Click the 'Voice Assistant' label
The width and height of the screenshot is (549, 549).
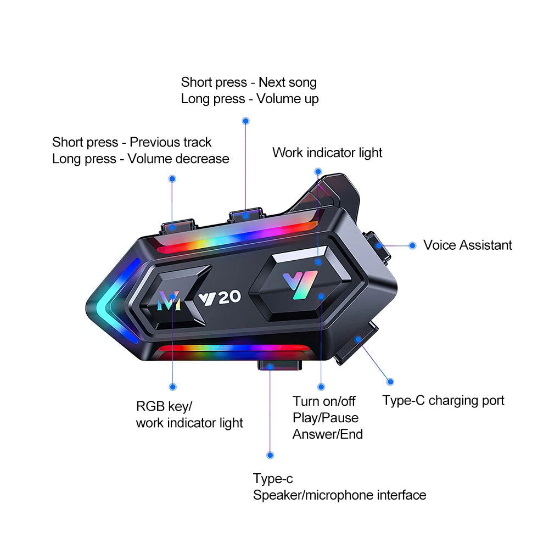coord(467,245)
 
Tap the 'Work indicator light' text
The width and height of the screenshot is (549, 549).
coord(327,153)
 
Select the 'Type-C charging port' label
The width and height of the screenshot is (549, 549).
coord(443,400)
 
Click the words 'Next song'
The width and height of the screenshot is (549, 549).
coord(288,82)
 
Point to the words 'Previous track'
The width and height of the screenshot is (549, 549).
coord(170,142)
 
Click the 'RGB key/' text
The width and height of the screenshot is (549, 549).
coord(164,407)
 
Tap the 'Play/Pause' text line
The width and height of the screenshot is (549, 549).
coord(325,418)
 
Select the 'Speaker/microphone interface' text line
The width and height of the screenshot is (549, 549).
coord(339,495)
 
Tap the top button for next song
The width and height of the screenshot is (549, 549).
coord(246,214)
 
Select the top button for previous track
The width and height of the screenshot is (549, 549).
coord(177,225)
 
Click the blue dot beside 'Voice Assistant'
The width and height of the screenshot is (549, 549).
coord(412,246)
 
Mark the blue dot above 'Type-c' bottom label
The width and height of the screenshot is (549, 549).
coord(270,455)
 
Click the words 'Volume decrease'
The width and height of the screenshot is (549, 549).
coord(178,159)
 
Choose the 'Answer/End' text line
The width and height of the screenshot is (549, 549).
coord(328,434)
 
